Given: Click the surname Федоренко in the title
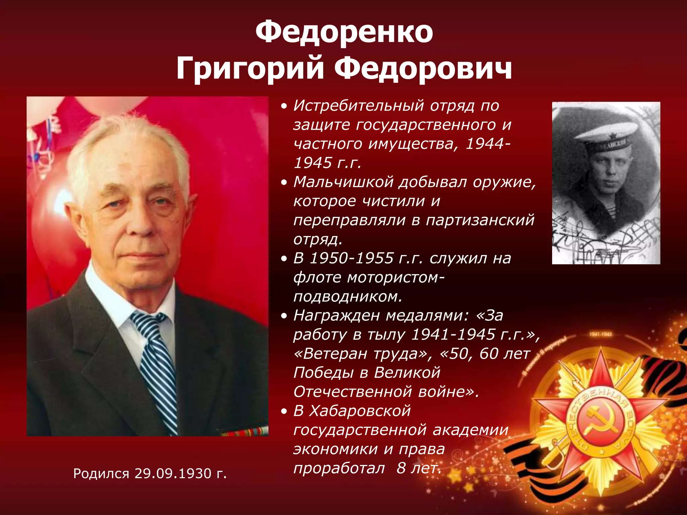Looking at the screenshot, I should coord(344,33).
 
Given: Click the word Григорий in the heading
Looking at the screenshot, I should coord(250,69).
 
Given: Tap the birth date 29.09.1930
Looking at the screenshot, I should coord(173,473).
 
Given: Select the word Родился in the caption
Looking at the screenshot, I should coord(101,473).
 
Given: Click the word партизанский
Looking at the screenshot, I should coord(480,220).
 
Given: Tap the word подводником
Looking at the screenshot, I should coord(348,296).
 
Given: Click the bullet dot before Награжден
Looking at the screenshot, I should coord(284,316).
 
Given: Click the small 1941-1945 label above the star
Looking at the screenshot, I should coord(601,334).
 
